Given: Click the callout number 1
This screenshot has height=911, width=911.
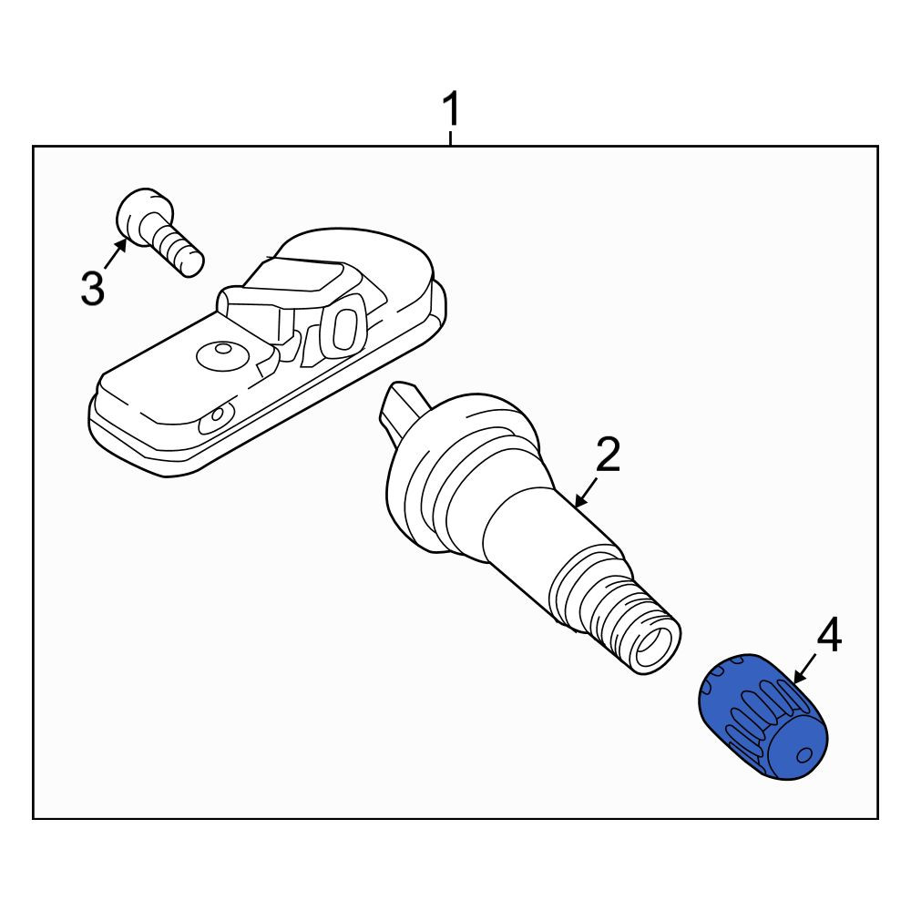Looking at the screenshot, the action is click(x=451, y=109).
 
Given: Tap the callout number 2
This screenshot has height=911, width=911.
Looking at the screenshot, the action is click(x=608, y=455).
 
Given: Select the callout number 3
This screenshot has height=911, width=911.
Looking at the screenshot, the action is click(x=92, y=288).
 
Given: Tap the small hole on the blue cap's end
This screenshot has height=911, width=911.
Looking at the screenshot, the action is click(x=804, y=755).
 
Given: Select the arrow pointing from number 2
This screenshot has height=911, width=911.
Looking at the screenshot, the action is click(x=586, y=492).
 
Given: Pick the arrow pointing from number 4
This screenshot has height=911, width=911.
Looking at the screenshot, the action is click(x=806, y=667).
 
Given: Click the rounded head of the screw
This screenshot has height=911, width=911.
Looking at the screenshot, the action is click(x=143, y=215).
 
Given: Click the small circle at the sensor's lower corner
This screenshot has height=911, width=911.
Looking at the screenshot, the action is click(x=218, y=415).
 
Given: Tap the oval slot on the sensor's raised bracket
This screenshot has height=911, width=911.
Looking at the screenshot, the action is click(x=343, y=329).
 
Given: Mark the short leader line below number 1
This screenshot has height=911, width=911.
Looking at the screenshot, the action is click(x=450, y=138).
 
